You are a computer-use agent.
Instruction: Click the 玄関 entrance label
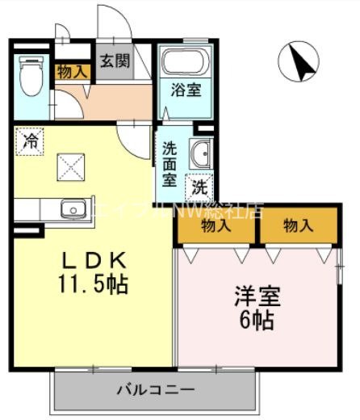pyautogui.click(x=114, y=61)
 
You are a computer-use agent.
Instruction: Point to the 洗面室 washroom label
pyautogui.click(x=170, y=164)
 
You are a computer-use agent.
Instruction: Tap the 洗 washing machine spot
pyautogui.click(x=199, y=187)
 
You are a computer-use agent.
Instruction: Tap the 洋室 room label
pyautogui.click(x=257, y=296)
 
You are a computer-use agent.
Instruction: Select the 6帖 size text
pyautogui.click(x=257, y=319)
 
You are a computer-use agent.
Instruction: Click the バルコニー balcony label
pyautogui.click(x=156, y=388)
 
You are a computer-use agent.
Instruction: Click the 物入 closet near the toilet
pyautogui.click(x=73, y=72)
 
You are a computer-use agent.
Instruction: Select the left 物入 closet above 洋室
pyautogui.click(x=216, y=226)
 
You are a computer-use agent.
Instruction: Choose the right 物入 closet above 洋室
pyautogui.click(x=297, y=226)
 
